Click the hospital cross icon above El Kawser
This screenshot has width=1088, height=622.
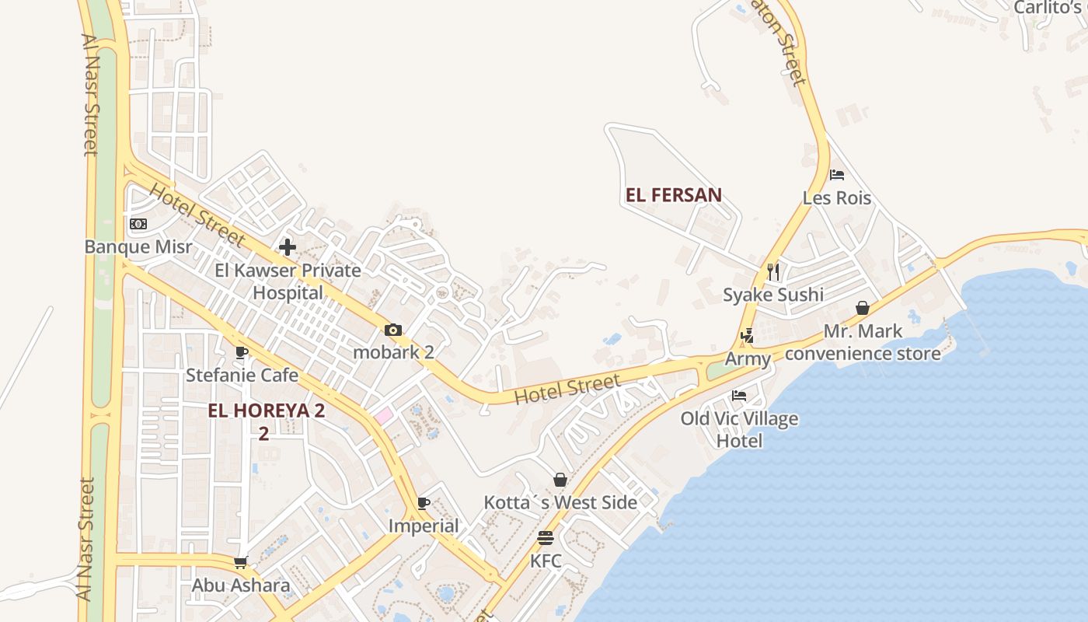pos(288,247)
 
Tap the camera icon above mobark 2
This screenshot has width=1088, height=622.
pos(393,330)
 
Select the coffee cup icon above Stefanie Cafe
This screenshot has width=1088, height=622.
pos(242,352)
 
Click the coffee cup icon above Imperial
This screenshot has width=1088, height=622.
pos(424,503)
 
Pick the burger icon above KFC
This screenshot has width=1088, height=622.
pos(546,538)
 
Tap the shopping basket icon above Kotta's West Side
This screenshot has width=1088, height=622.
pos(560,480)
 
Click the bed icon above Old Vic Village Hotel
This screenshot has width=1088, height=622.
pos(739,396)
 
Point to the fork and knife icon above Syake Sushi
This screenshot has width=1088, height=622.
pos(772,272)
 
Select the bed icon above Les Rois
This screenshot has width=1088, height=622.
pos(837,175)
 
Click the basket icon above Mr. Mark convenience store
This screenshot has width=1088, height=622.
pos(863,308)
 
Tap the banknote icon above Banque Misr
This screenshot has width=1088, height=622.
pos(138,224)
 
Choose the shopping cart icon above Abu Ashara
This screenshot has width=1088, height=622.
pos(241,562)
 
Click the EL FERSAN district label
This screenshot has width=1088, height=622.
pos(674,195)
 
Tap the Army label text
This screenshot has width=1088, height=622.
pos(748,358)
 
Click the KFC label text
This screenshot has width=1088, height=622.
pos(546,561)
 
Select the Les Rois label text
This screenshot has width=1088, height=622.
pos(837,197)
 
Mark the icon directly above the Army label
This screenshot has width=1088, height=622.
pos(748,336)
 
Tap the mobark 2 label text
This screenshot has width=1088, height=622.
pos(393,352)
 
